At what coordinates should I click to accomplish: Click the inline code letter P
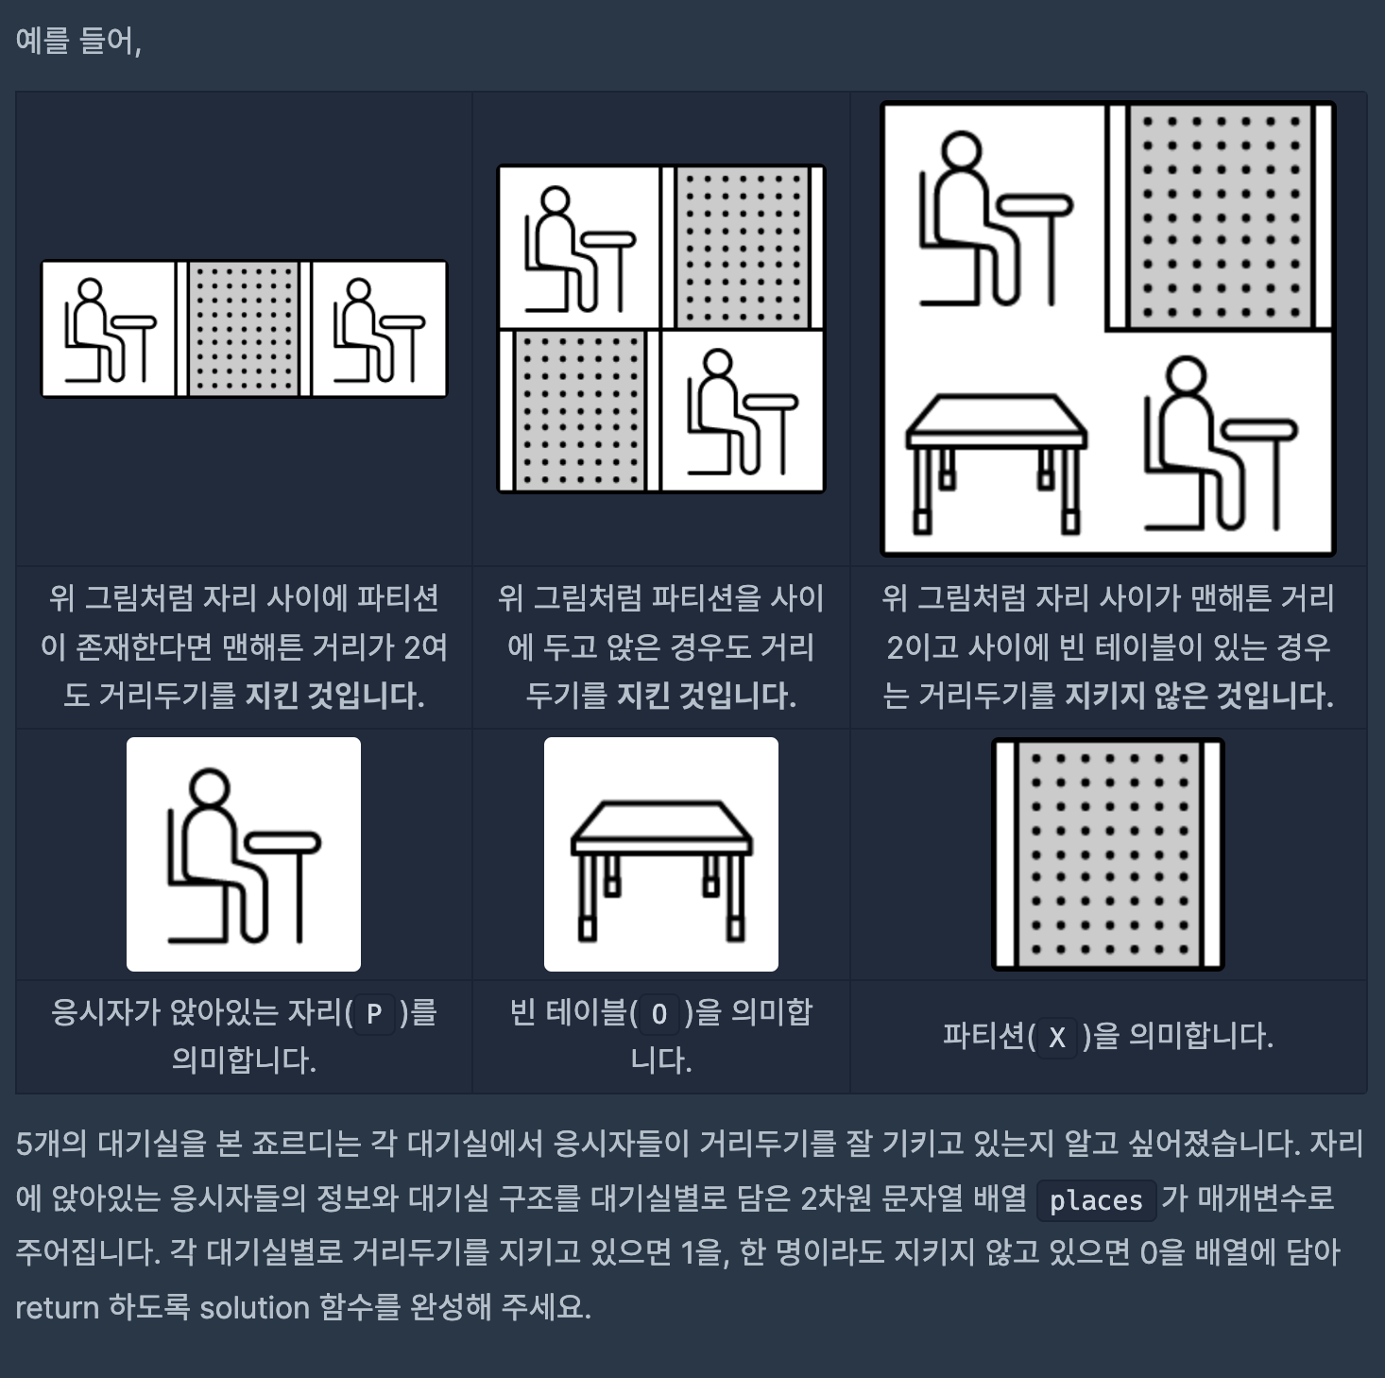(x=374, y=1014)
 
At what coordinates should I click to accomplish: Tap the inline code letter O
(x=659, y=1014)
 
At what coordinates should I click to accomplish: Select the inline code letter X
(x=1056, y=1038)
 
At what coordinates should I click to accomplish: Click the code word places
(x=1096, y=1201)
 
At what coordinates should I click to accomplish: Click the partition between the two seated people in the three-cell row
(x=244, y=329)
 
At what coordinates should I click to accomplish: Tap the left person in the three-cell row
(x=110, y=330)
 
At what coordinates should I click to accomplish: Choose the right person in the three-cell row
(x=379, y=330)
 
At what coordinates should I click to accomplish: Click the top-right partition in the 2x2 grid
(x=743, y=248)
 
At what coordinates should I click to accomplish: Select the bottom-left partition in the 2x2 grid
(x=579, y=411)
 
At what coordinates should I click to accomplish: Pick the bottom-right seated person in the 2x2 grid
(x=743, y=411)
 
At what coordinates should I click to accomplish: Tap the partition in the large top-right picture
(x=1219, y=216)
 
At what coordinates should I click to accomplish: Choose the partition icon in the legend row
(x=1107, y=854)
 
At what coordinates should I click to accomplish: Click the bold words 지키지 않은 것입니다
(x=1199, y=695)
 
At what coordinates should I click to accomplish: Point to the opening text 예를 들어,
(x=78, y=41)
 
